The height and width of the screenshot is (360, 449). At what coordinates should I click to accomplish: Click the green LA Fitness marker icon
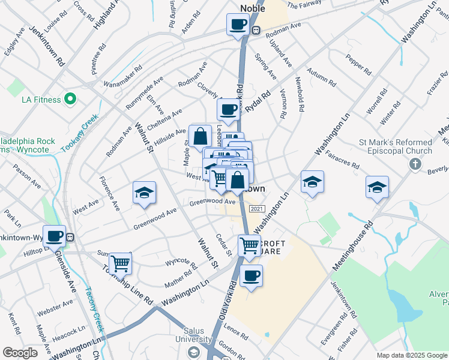pos(70,99)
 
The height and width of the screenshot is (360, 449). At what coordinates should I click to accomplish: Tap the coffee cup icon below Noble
pos(238,25)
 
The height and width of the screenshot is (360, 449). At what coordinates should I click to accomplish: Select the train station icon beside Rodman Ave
pos(256,31)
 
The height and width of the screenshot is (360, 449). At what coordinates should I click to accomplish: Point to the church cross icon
pos(415,164)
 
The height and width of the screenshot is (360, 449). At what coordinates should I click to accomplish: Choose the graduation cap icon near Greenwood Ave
pos(145,193)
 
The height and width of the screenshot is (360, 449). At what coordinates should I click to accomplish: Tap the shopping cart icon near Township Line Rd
pos(121,263)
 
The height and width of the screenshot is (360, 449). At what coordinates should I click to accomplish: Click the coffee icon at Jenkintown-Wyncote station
pos(55,236)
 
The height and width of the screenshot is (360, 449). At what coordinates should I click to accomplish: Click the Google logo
pos(20,353)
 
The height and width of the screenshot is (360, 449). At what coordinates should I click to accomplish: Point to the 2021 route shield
pos(256,208)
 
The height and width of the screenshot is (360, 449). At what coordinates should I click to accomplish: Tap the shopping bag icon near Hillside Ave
pos(200,136)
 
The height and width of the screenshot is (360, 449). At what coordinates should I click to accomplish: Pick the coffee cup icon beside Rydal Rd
pos(228,110)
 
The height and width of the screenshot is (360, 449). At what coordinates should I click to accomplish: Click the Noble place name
pos(252,7)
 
